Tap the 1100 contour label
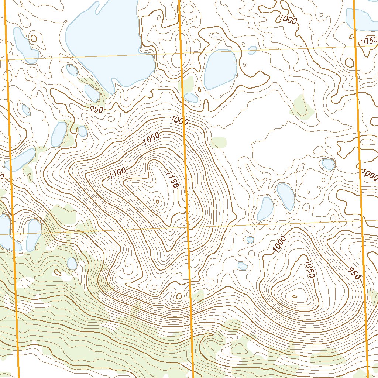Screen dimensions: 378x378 pyautogui.click(x=118, y=173)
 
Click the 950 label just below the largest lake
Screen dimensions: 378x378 pyautogui.click(x=96, y=109)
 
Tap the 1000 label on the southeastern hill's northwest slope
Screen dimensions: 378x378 pyautogui.click(x=280, y=244)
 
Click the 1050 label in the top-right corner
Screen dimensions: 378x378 pyautogui.click(x=369, y=41)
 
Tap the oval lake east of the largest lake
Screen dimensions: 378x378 pyautogui.click(x=220, y=69)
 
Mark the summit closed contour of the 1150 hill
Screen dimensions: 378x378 pyautogui.click(x=158, y=201)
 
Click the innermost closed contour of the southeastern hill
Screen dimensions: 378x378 pyautogui.click(x=295, y=296)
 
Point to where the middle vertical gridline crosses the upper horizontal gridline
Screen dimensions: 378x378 pyautogui.click(x=182, y=54)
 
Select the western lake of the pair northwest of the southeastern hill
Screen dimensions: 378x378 pyautogui.click(x=265, y=209)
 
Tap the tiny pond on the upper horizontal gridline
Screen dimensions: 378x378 pyautogui.click(x=252, y=49)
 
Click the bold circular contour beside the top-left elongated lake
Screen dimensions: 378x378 pyautogui.click(x=34, y=38)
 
